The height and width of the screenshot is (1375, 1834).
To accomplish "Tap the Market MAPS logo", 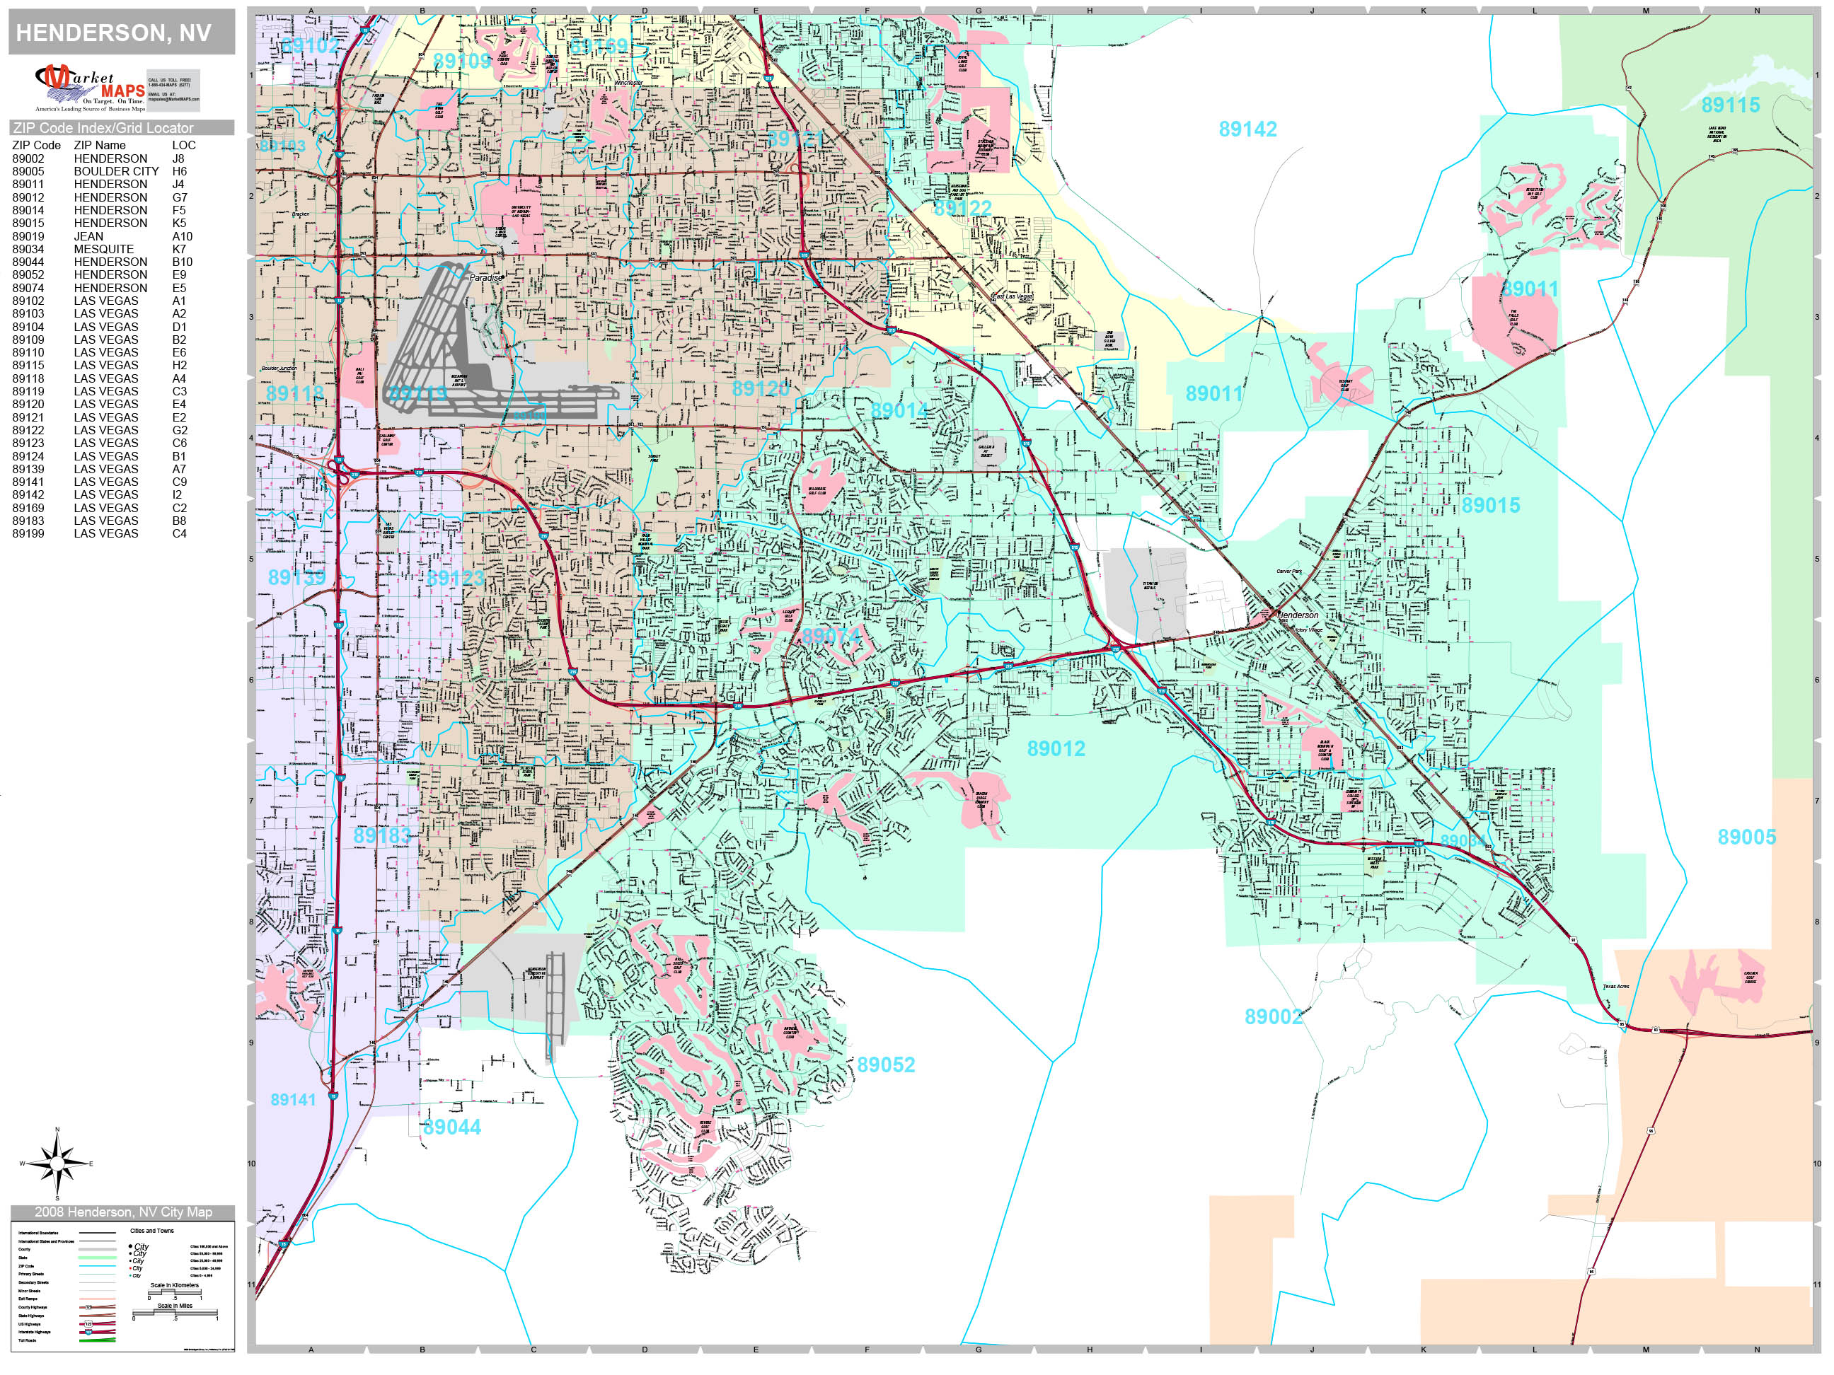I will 90,88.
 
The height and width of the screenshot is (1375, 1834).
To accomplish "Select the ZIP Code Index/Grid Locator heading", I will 103,127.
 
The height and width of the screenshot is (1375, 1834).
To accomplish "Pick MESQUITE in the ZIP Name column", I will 103,249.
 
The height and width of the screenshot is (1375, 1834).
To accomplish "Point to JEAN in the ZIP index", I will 88,236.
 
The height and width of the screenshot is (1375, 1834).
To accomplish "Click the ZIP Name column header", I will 100,145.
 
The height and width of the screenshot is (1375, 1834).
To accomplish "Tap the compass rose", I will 57,1164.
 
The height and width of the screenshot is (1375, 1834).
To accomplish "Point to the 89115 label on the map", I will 1731,105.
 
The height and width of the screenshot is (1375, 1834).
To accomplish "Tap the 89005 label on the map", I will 1746,837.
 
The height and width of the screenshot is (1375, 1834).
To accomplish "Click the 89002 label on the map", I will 1274,1016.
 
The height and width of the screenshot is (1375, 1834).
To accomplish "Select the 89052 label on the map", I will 885,1064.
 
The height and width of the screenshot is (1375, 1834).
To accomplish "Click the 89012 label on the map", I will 1056,748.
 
